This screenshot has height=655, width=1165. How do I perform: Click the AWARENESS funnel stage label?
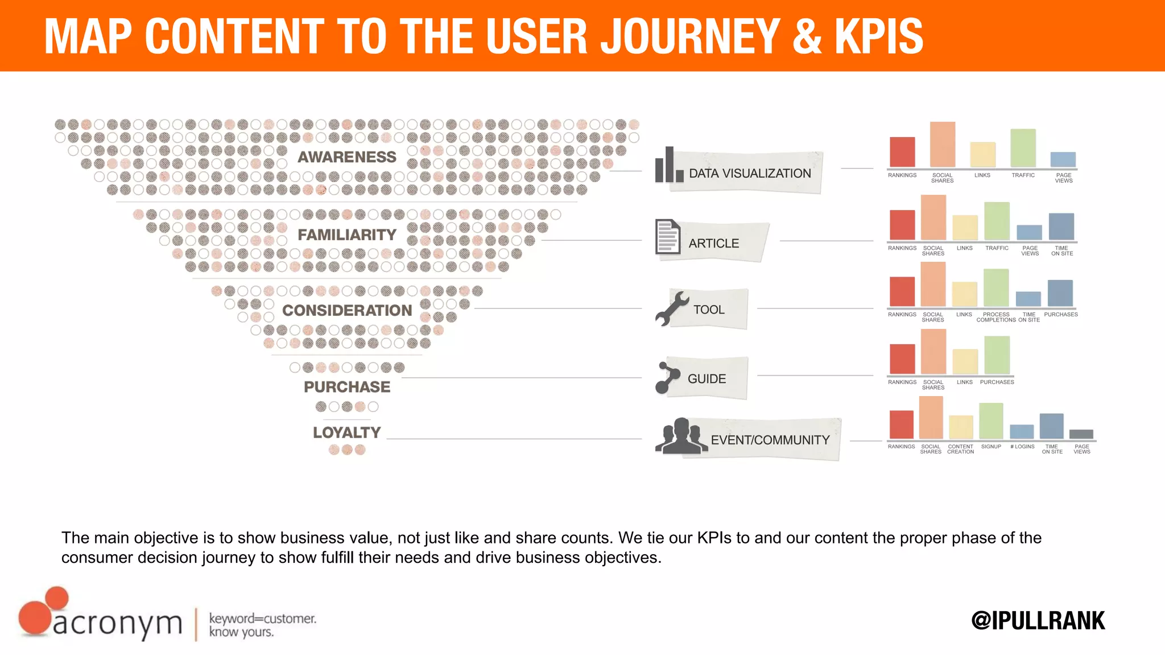346,157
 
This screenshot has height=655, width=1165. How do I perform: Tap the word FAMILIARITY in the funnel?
346,234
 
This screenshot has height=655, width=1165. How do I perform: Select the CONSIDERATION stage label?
346,310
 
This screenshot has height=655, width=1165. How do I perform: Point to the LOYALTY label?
346,432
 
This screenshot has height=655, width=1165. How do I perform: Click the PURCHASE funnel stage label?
346,387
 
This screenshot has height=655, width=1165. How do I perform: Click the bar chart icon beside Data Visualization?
668,166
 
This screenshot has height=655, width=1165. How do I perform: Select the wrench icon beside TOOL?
671,308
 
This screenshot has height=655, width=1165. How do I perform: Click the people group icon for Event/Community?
680,436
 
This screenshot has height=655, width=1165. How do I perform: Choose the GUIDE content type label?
707,379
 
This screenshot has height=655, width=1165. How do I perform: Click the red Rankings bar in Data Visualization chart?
902,152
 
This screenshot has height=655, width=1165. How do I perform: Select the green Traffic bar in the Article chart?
997,221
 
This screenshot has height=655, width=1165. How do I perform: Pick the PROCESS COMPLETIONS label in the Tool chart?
996,317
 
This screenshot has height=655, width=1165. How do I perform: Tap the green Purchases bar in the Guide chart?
997,355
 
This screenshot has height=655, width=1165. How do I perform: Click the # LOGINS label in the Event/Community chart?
1022,447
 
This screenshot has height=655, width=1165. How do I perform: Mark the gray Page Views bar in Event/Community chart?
1081,434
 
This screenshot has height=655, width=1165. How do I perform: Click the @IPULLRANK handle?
1038,621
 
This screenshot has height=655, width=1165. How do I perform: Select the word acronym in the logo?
118,624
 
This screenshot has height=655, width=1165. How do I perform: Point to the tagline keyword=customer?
262,619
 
